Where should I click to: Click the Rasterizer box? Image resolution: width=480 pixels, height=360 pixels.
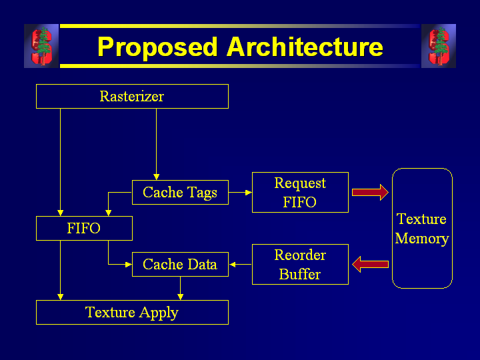click(x=132, y=96)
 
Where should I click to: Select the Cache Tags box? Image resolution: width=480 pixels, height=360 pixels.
click(x=180, y=193)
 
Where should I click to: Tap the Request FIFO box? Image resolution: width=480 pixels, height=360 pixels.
click(x=300, y=193)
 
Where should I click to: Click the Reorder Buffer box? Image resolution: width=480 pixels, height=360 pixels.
click(x=300, y=265)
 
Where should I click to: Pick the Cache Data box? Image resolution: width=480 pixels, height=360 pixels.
click(x=180, y=265)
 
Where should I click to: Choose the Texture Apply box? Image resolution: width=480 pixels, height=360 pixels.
click(x=132, y=312)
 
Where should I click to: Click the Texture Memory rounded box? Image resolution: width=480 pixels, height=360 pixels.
click(x=422, y=229)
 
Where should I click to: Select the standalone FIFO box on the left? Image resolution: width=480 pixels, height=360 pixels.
click(x=84, y=229)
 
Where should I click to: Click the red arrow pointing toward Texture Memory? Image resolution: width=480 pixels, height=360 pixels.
click(x=370, y=193)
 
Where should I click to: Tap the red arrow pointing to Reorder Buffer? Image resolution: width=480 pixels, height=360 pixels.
click(x=370, y=265)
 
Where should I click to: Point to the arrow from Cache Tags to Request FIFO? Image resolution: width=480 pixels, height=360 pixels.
click(x=240, y=193)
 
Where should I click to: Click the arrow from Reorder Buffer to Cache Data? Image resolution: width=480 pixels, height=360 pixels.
click(x=240, y=265)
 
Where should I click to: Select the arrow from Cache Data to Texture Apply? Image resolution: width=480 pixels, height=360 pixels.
click(x=180, y=288)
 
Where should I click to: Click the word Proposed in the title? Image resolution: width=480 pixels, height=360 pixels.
click(x=157, y=47)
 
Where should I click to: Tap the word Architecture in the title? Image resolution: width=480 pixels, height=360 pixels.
click(x=305, y=47)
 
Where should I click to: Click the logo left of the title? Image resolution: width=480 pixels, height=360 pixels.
click(x=41, y=46)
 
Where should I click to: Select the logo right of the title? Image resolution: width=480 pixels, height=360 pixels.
click(x=439, y=46)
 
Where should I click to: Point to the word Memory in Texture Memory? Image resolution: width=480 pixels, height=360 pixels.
click(x=422, y=239)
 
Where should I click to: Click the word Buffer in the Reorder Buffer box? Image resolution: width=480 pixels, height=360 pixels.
click(x=300, y=274)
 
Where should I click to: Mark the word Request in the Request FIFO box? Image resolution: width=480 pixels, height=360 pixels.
click(x=300, y=183)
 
